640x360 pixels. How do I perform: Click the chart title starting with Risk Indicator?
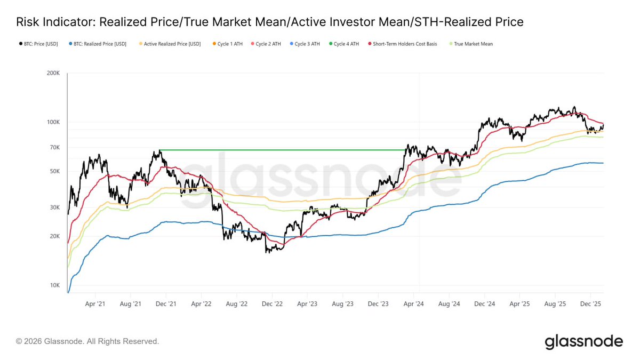click(x=270, y=22)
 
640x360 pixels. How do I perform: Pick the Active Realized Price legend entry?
click(x=170, y=44)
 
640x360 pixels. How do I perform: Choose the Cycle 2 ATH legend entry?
click(x=266, y=44)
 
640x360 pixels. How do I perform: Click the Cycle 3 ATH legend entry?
click(x=305, y=44)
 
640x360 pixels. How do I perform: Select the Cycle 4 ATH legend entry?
click(x=344, y=44)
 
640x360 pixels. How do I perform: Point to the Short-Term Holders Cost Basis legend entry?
click(x=403, y=44)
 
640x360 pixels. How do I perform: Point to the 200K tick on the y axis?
click(x=53, y=74)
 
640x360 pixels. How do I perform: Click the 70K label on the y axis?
click(x=54, y=148)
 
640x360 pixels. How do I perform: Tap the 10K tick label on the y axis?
click(x=54, y=285)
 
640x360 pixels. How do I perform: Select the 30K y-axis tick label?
click(x=54, y=207)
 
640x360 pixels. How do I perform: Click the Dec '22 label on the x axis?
click(x=272, y=304)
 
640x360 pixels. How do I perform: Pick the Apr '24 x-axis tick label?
click(x=413, y=304)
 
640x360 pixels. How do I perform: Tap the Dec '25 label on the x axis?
click(x=590, y=304)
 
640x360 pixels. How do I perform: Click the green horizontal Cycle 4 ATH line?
click(x=283, y=150)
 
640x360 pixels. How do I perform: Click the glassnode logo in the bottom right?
click(x=583, y=341)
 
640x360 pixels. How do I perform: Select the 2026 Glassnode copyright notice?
click(x=87, y=341)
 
